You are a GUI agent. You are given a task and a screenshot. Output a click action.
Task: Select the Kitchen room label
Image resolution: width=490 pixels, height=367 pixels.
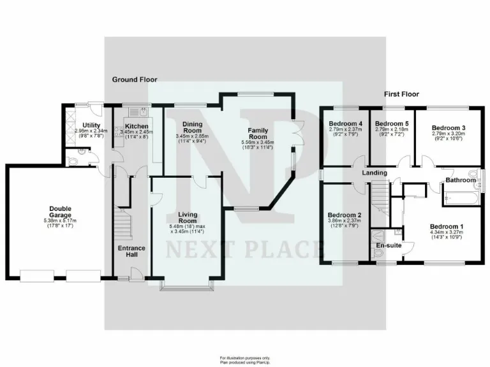[x=137, y=126]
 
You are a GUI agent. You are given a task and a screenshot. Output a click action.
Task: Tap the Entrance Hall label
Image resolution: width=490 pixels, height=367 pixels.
[x=131, y=251]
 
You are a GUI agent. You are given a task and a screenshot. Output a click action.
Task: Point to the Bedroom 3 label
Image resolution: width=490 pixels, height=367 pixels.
[x=449, y=128]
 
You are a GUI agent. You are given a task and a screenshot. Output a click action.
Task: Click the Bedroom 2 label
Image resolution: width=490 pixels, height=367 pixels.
[x=345, y=215]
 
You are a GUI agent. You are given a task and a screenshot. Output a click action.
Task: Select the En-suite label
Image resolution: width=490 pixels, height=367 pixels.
[x=388, y=245]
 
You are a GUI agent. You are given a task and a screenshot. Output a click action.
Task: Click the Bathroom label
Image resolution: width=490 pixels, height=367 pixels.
[x=460, y=180]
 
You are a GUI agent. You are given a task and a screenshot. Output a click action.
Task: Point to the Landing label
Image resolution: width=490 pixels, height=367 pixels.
[x=375, y=173]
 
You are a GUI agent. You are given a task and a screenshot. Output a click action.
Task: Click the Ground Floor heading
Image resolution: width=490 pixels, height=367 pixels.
[x=135, y=80]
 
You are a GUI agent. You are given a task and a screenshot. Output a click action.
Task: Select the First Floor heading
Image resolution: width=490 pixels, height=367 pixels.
[x=401, y=94]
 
